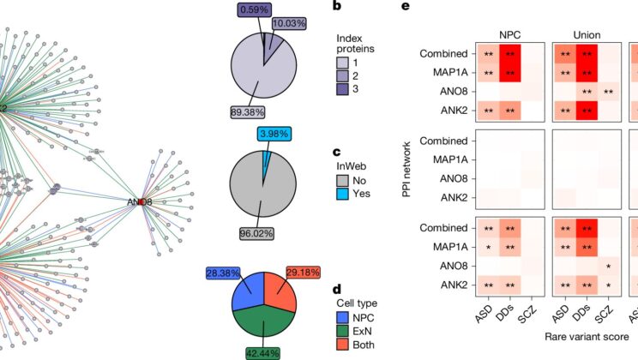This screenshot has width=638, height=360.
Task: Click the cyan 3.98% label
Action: [277, 134]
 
